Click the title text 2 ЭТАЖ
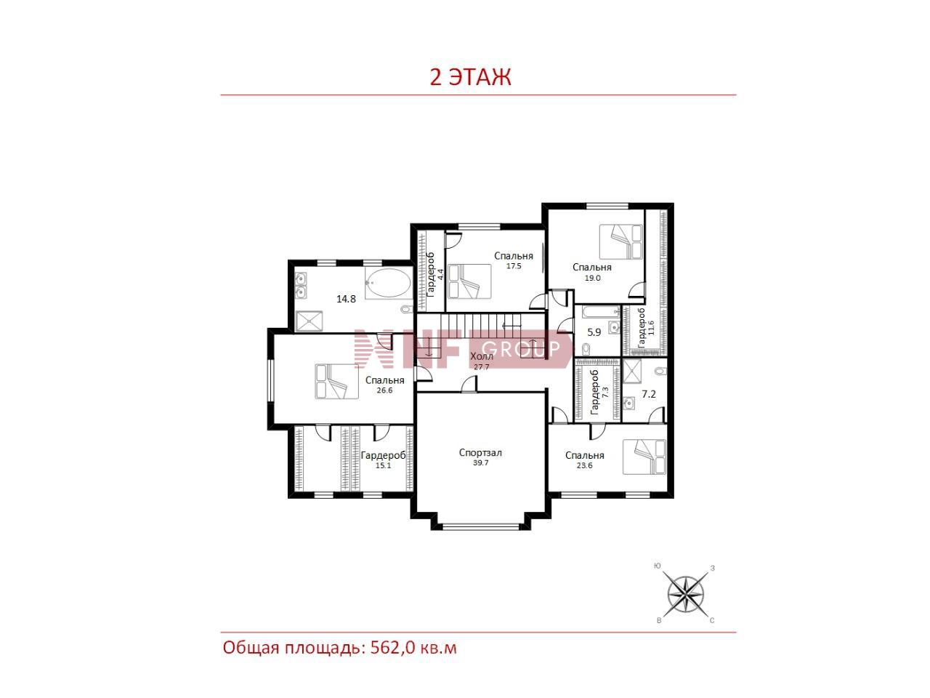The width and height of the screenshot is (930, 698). point(470,77)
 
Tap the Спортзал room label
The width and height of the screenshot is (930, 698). point(480,453)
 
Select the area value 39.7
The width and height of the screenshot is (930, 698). point(480,463)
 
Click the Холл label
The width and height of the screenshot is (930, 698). point(482,356)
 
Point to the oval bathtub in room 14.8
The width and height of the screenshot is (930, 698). point(388,283)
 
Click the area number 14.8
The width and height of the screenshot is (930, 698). point(346,299)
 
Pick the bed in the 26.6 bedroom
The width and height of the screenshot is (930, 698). point(336,381)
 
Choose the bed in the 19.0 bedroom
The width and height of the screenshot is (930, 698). point(620,241)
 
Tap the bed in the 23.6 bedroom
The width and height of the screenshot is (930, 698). point(644,457)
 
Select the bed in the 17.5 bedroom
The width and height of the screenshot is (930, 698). point(469,282)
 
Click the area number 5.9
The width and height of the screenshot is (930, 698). point(594,332)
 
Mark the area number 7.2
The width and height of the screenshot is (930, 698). point(648,394)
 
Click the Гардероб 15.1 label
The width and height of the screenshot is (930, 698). point(383,460)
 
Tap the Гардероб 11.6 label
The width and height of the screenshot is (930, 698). point(646,328)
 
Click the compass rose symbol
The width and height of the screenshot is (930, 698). point(686,595)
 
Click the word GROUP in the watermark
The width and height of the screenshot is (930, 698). point(521,349)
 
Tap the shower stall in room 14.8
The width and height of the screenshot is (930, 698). point(309,321)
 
